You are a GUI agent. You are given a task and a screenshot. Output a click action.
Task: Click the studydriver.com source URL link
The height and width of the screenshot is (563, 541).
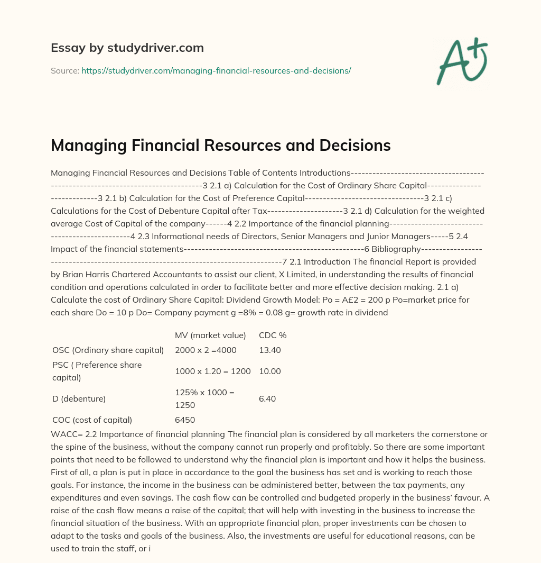(216, 70)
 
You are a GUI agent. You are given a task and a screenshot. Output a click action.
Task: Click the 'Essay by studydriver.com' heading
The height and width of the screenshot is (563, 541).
(127, 48)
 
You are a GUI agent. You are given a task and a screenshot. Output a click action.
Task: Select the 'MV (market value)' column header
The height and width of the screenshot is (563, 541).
(210, 335)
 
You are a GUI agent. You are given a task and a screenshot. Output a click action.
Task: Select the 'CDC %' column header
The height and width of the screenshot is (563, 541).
(272, 335)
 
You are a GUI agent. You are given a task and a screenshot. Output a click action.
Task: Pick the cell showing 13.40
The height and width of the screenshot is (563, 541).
(269, 350)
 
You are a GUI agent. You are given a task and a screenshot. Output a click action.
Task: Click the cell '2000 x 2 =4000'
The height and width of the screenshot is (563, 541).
(206, 350)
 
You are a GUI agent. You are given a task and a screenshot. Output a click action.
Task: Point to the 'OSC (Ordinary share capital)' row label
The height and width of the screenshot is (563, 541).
(108, 350)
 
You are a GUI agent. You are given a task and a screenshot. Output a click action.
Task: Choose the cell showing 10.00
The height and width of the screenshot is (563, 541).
(269, 371)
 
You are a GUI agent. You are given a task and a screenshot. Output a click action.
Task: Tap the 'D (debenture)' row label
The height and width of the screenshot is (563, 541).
(79, 398)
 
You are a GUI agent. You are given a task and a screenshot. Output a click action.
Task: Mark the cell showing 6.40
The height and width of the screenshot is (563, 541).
(267, 398)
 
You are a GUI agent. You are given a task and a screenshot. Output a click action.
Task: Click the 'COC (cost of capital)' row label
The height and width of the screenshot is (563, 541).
(92, 420)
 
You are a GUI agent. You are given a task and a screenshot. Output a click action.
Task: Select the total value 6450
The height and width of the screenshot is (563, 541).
(185, 420)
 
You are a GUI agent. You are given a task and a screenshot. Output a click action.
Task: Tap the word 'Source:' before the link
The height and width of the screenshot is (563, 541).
(64, 70)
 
